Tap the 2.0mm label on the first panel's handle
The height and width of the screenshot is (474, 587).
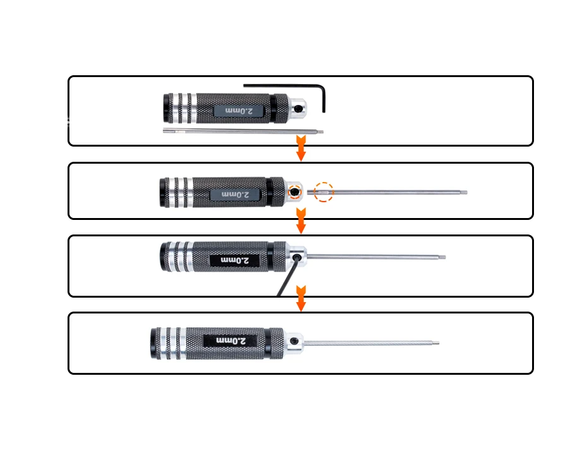(239, 111)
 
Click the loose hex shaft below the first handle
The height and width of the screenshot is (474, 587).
(243, 131)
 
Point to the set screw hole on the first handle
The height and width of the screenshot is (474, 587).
(299, 109)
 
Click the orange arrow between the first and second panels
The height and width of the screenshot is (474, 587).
(301, 149)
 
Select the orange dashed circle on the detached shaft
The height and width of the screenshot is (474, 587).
(323, 192)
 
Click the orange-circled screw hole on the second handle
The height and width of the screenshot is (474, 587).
(295, 192)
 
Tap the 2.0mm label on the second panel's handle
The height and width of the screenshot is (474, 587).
(235, 195)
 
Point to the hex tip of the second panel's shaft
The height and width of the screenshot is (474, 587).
(464, 193)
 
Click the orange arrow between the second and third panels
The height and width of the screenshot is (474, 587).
(301, 221)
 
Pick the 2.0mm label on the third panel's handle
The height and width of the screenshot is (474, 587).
(235, 260)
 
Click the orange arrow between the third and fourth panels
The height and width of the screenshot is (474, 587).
(301, 298)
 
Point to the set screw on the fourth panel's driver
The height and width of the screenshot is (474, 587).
(295, 341)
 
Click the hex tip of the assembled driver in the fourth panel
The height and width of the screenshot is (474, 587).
(436, 343)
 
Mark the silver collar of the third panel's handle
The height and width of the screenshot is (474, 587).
(297, 257)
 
